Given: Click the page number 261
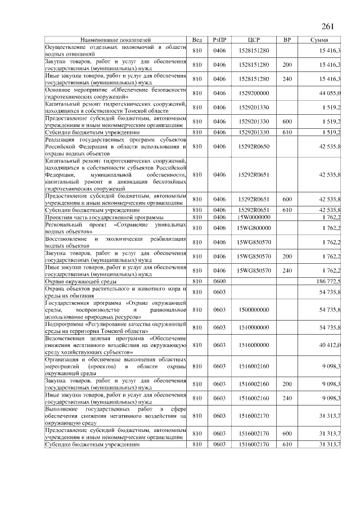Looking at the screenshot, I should (328, 26).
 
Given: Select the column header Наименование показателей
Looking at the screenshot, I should (116, 40).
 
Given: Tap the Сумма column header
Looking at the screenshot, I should (324, 40).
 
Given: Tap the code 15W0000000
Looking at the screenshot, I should (254, 217).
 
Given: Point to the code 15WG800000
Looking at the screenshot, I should (254, 228).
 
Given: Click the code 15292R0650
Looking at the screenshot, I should (254, 146).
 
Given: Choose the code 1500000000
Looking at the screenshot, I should (254, 310).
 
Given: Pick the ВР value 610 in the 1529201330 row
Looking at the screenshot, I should (287, 132).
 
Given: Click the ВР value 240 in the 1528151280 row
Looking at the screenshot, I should (287, 79).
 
